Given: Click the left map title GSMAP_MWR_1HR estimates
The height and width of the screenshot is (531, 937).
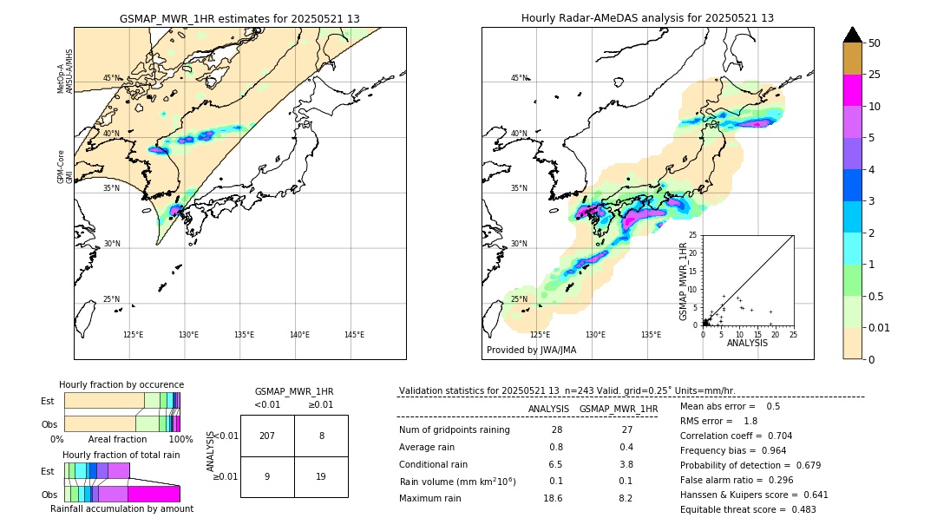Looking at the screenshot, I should [239, 18].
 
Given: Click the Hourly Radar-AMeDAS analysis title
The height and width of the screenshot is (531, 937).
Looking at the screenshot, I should [647, 18].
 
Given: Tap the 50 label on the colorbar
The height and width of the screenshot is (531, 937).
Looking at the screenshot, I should [875, 43].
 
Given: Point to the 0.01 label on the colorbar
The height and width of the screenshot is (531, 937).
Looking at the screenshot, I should [880, 327].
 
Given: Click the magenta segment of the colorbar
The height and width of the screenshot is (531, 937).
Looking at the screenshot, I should [852, 91].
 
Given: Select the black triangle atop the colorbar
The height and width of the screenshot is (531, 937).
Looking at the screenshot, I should [852, 35].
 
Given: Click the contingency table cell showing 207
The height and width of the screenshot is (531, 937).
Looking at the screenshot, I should [267, 436].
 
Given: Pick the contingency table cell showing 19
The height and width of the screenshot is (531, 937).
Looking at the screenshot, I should [321, 476].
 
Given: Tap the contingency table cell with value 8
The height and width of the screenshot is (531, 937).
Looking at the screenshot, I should [321, 436].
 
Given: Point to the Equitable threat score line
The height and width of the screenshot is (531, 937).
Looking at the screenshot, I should [748, 509].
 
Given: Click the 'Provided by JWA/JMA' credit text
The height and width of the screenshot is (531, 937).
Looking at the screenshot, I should [531, 351].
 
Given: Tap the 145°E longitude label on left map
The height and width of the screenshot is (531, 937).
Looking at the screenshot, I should [354, 335].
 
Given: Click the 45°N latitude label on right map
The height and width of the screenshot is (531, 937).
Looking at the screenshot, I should [519, 78].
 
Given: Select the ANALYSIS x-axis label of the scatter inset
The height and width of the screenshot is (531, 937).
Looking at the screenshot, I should [747, 343].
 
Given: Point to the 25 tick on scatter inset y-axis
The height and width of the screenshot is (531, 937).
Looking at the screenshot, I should [693, 235].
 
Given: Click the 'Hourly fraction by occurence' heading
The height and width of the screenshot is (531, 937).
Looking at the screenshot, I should [121, 384].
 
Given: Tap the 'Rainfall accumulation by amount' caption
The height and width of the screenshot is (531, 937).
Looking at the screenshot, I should [121, 508].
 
